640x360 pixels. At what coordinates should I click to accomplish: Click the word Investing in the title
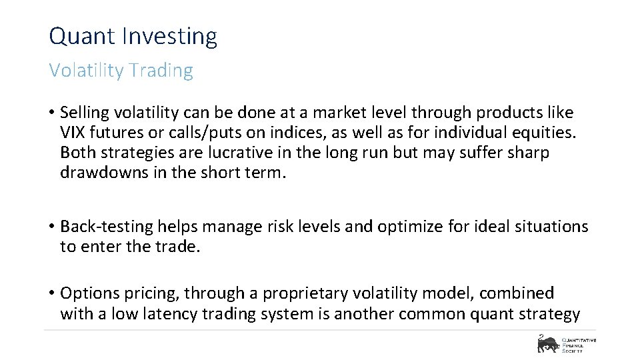point(169,37)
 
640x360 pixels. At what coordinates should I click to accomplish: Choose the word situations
point(551,227)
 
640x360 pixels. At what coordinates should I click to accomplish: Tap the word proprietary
point(309,293)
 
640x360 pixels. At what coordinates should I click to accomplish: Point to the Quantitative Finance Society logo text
point(579,343)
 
